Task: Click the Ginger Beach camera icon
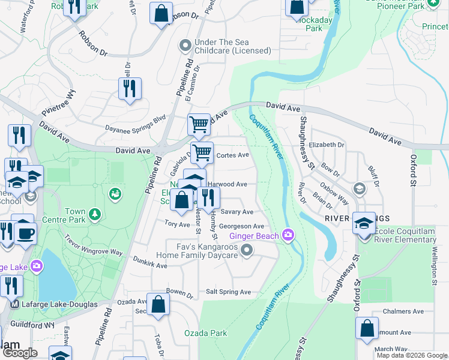[289, 235]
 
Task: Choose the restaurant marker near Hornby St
[208, 196]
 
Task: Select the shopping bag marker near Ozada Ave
[158, 304]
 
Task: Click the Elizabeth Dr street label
[327, 145]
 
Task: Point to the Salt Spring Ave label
[228, 292]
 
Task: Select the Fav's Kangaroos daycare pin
[246, 249]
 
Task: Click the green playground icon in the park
[114, 193]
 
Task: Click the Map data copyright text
[411, 355]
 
